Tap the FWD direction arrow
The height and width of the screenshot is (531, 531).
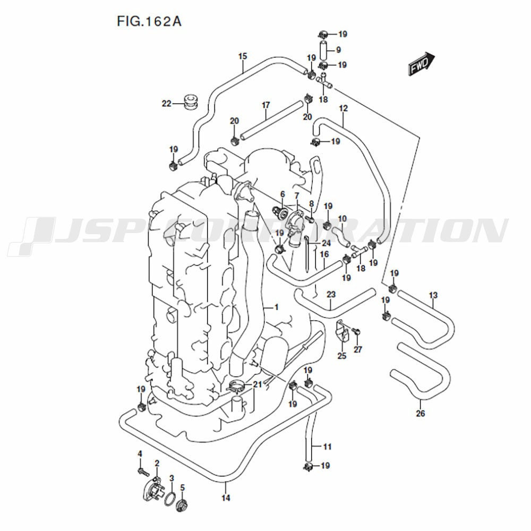tap(422, 64)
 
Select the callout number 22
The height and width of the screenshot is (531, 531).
tap(167, 104)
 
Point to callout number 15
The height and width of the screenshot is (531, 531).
tap(243, 56)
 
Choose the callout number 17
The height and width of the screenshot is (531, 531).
tap(266, 105)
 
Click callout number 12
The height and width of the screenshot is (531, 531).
tap(343, 108)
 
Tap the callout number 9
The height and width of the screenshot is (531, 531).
tap(338, 50)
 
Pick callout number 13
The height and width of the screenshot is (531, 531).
tap(433, 295)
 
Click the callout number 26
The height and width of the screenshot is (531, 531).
tap(421, 414)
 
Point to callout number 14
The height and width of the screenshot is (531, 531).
tap(226, 498)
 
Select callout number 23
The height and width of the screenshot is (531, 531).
tap(331, 294)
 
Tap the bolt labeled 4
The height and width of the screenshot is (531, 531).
tap(141, 470)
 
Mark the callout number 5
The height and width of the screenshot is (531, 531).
tap(182, 487)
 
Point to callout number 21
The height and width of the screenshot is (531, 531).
tap(258, 384)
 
